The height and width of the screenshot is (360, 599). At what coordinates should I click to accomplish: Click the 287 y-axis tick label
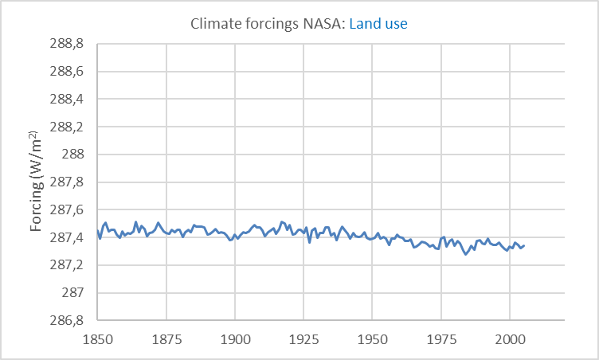point(74,293)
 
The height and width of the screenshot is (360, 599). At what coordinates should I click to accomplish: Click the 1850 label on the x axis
point(98,339)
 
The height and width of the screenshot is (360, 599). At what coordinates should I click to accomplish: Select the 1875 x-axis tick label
point(166,339)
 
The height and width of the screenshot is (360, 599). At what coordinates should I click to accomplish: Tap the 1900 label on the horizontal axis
point(235,339)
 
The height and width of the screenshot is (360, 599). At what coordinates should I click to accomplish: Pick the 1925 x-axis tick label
point(303,339)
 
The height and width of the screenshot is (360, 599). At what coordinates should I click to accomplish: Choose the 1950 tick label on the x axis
point(372,339)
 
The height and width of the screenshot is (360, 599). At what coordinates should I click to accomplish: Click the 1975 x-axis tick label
point(440,339)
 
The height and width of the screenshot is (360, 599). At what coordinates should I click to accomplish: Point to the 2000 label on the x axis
point(509,339)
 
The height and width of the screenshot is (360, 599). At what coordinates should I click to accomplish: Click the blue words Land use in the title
point(378,24)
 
